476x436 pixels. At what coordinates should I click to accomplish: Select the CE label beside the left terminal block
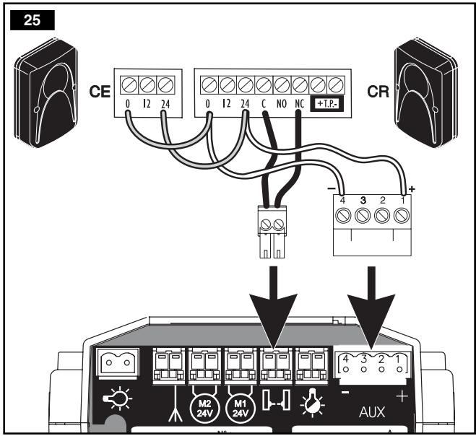pos(99,92)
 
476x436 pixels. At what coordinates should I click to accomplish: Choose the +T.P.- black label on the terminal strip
pos(326,104)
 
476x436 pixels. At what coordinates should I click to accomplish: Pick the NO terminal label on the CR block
pos(281,104)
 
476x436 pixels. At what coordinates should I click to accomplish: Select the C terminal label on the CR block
pos(264,104)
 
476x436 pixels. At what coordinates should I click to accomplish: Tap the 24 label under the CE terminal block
pos(166,104)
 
